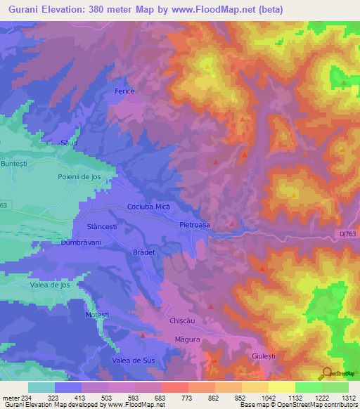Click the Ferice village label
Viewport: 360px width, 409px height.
point(124,92)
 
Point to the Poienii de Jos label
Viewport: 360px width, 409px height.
point(75,177)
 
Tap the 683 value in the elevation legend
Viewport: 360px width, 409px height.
point(161,398)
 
